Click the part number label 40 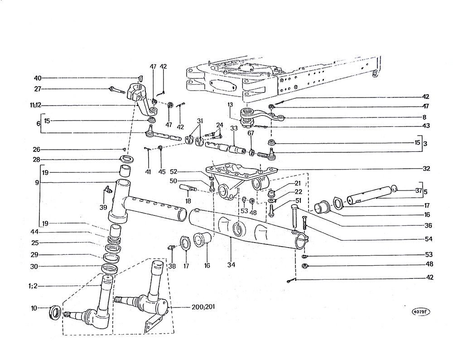pos(38,78)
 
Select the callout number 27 pos(38,88)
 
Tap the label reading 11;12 pos(34,105)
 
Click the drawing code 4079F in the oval pos(422,312)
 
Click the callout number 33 pos(234,129)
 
